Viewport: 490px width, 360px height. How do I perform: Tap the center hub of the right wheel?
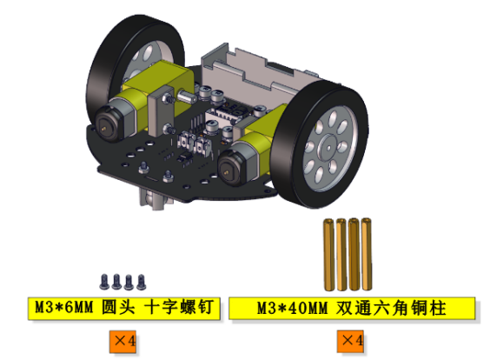coord(328,148)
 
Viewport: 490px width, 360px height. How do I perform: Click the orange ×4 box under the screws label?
coord(122,341)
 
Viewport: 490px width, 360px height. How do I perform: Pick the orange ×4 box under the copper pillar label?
coord(350,341)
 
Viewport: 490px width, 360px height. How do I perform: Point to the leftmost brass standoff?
coord(328,254)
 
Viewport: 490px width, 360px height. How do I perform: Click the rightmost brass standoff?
coord(367,254)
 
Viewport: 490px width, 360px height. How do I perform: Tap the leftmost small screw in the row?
coord(104,282)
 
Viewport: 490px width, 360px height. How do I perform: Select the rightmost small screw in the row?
coord(142,282)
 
